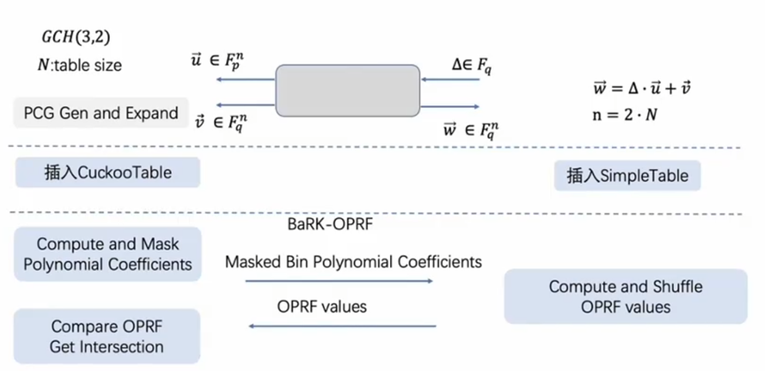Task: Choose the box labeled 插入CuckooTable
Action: pos(107,173)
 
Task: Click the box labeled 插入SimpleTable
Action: pos(627,176)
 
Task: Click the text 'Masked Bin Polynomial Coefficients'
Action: pos(353,262)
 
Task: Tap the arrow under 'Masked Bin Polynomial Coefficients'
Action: pos(339,281)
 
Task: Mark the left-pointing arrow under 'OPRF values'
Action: pos(342,328)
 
